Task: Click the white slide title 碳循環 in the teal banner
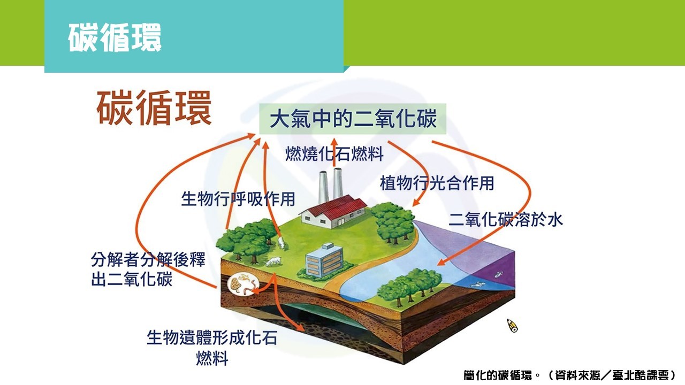[115, 37]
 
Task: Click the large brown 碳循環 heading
[154, 108]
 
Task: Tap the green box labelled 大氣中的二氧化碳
[353, 119]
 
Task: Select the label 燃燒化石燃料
[334, 153]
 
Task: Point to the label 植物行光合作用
[437, 183]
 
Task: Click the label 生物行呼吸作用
[238, 199]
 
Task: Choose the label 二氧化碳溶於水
[506, 219]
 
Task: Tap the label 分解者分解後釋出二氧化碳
[148, 269]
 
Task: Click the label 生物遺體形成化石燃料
[212, 348]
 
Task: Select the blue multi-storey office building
[325, 260]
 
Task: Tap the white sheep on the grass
[273, 261]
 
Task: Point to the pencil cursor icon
[512, 326]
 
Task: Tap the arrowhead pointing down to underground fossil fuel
[300, 328]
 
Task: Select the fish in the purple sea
[498, 274]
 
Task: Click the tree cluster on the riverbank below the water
[409, 286]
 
